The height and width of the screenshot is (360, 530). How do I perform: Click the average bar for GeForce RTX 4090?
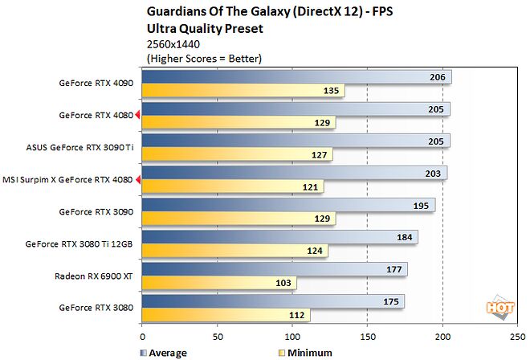[x=297, y=76]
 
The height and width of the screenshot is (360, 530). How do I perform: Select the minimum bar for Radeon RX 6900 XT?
[x=219, y=283]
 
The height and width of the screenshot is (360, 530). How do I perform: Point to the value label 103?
[x=283, y=283]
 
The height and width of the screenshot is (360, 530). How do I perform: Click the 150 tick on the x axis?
[x=368, y=337]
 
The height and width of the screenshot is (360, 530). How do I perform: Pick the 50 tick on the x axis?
[x=218, y=337]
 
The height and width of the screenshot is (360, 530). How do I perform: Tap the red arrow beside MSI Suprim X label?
[x=137, y=179]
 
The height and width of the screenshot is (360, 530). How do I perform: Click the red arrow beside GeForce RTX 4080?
[x=137, y=115]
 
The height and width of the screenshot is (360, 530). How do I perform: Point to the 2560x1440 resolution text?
[x=174, y=43]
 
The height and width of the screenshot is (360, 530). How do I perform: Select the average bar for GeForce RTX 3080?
[x=273, y=301]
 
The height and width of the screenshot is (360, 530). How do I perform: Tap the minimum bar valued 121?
[x=233, y=186]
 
